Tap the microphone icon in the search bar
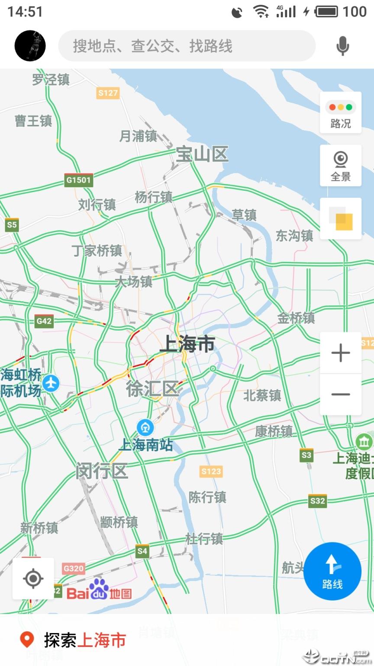coord(342,46)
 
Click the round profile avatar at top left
coord(30,46)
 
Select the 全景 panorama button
coord(341,166)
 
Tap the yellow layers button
coord(341,219)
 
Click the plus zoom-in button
coord(341,353)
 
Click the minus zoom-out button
coord(341,394)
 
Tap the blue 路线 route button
coord(332,571)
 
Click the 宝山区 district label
coord(202,154)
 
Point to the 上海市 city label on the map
coord(187,344)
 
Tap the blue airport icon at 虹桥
coord(51,383)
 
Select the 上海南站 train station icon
coord(145,428)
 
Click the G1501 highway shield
coord(78,180)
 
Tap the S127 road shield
coord(108,93)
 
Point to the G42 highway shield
coord(44,321)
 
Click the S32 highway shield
coord(317,501)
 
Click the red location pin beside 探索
coord(27,640)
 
